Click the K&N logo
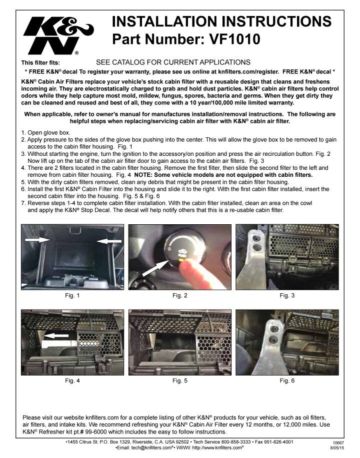tap(55, 35)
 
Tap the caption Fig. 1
tap(72, 296)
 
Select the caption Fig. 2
tap(180, 296)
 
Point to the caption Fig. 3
tap(287, 296)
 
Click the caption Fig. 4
tap(72, 381)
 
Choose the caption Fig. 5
tap(180, 381)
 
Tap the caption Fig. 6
tap(287, 381)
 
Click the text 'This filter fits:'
tap(40, 63)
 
